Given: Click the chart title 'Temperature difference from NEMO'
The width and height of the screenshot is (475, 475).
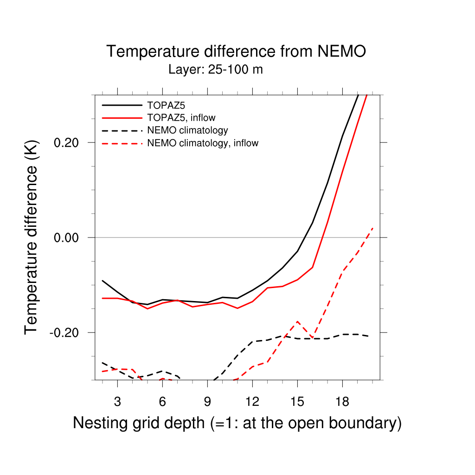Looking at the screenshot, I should click(x=236, y=51).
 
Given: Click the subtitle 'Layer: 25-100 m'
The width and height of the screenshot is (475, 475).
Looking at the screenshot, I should click(x=216, y=70).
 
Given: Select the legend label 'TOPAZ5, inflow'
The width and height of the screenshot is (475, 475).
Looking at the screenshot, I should click(x=181, y=118).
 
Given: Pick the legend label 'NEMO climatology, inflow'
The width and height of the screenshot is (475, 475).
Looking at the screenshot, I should click(x=203, y=143).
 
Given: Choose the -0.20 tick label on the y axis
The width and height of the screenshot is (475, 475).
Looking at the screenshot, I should click(x=67, y=333).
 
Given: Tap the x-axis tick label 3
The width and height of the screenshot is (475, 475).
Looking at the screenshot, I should click(x=117, y=402).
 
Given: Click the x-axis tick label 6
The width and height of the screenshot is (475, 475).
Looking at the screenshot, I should click(x=162, y=402).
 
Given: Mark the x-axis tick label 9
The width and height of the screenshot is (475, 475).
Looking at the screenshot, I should click(x=207, y=402).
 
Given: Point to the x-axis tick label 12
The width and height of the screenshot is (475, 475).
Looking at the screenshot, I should click(x=252, y=402).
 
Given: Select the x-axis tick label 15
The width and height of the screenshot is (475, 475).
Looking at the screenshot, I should click(x=297, y=402).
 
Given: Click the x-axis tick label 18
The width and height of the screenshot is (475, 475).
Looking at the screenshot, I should click(x=342, y=402).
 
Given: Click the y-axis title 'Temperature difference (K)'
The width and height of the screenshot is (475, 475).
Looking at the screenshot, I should click(x=32, y=237).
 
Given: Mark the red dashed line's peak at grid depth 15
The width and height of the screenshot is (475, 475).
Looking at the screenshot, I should click(x=297, y=321).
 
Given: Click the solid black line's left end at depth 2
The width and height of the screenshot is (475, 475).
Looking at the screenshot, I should click(x=103, y=281).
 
